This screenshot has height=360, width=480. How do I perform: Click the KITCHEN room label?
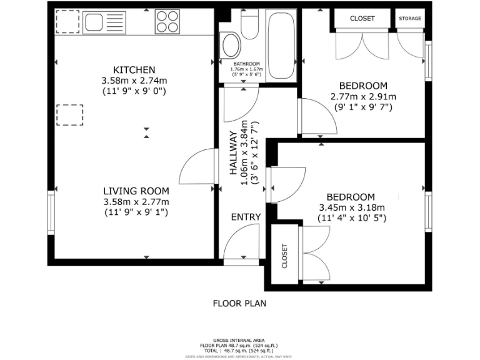point(134,69)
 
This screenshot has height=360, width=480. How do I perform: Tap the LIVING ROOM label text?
point(136,191)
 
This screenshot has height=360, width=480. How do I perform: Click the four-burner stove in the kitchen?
point(167,22)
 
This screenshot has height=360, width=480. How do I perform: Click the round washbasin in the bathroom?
point(231,44)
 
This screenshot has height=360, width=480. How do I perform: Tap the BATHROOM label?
point(248,64)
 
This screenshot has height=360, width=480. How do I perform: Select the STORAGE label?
point(410,19)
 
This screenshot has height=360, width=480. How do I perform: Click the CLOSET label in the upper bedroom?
point(362,19)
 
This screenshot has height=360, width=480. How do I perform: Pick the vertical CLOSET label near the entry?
point(284,256)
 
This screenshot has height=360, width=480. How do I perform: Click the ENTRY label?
point(246,217)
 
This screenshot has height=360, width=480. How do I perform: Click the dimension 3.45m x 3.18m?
point(352,207)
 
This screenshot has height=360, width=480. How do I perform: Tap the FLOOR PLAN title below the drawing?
point(239,304)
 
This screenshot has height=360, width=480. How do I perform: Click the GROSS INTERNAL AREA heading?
point(239,340)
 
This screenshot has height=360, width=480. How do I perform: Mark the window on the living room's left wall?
point(51,212)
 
